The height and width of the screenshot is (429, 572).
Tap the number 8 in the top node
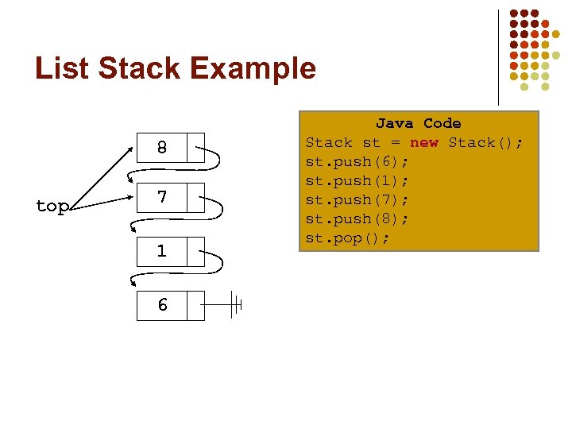[161, 148]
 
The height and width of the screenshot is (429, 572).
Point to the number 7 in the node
[161, 196]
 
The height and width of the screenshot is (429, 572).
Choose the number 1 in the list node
[161, 251]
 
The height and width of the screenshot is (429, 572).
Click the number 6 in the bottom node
[161, 305]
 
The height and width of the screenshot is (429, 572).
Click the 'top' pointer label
[52, 207]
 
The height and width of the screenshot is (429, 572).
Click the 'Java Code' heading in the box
[418, 123]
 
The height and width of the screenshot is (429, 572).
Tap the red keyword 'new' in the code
[423, 143]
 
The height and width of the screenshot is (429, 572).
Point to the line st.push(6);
[357, 162]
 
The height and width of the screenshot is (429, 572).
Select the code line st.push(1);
[357, 181]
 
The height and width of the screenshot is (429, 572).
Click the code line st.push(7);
[357, 200]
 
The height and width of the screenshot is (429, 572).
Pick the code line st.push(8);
[357, 219]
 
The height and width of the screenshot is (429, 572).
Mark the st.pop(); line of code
[348, 238]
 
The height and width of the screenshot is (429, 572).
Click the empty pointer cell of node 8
[195, 148]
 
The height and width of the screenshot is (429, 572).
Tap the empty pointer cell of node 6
[195, 305]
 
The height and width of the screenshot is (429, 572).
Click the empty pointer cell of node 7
[195, 196]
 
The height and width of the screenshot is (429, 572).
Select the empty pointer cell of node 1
[195, 251]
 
